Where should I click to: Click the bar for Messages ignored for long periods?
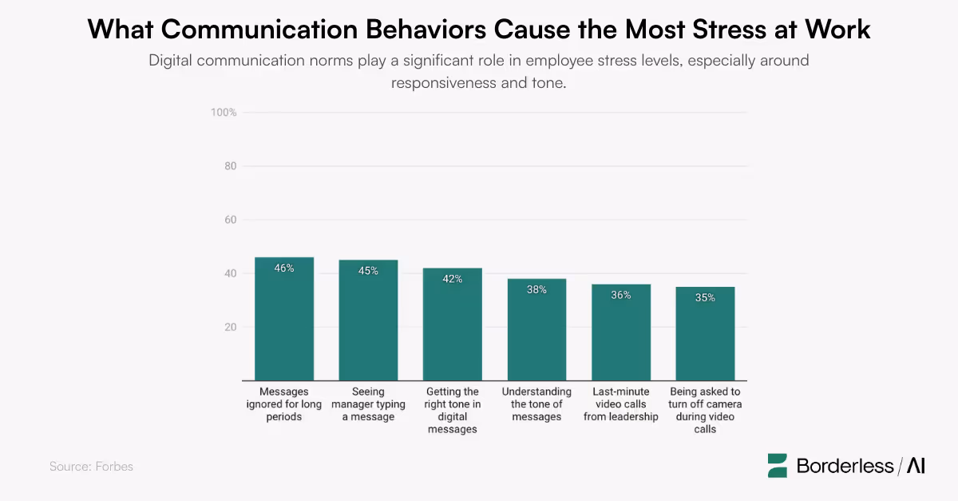284,320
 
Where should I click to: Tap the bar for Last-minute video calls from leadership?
621,332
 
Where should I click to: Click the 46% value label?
284,268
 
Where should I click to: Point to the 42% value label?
453,279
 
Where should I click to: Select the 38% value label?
536,290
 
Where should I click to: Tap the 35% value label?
705,298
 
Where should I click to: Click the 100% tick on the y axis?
224,113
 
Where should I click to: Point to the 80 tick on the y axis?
229,166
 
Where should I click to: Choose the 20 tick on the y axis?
229,327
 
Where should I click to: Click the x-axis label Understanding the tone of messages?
536,404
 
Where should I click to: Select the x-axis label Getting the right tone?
453,410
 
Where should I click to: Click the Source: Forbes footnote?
91,466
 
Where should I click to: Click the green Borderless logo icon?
778,466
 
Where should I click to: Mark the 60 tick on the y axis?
229,220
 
